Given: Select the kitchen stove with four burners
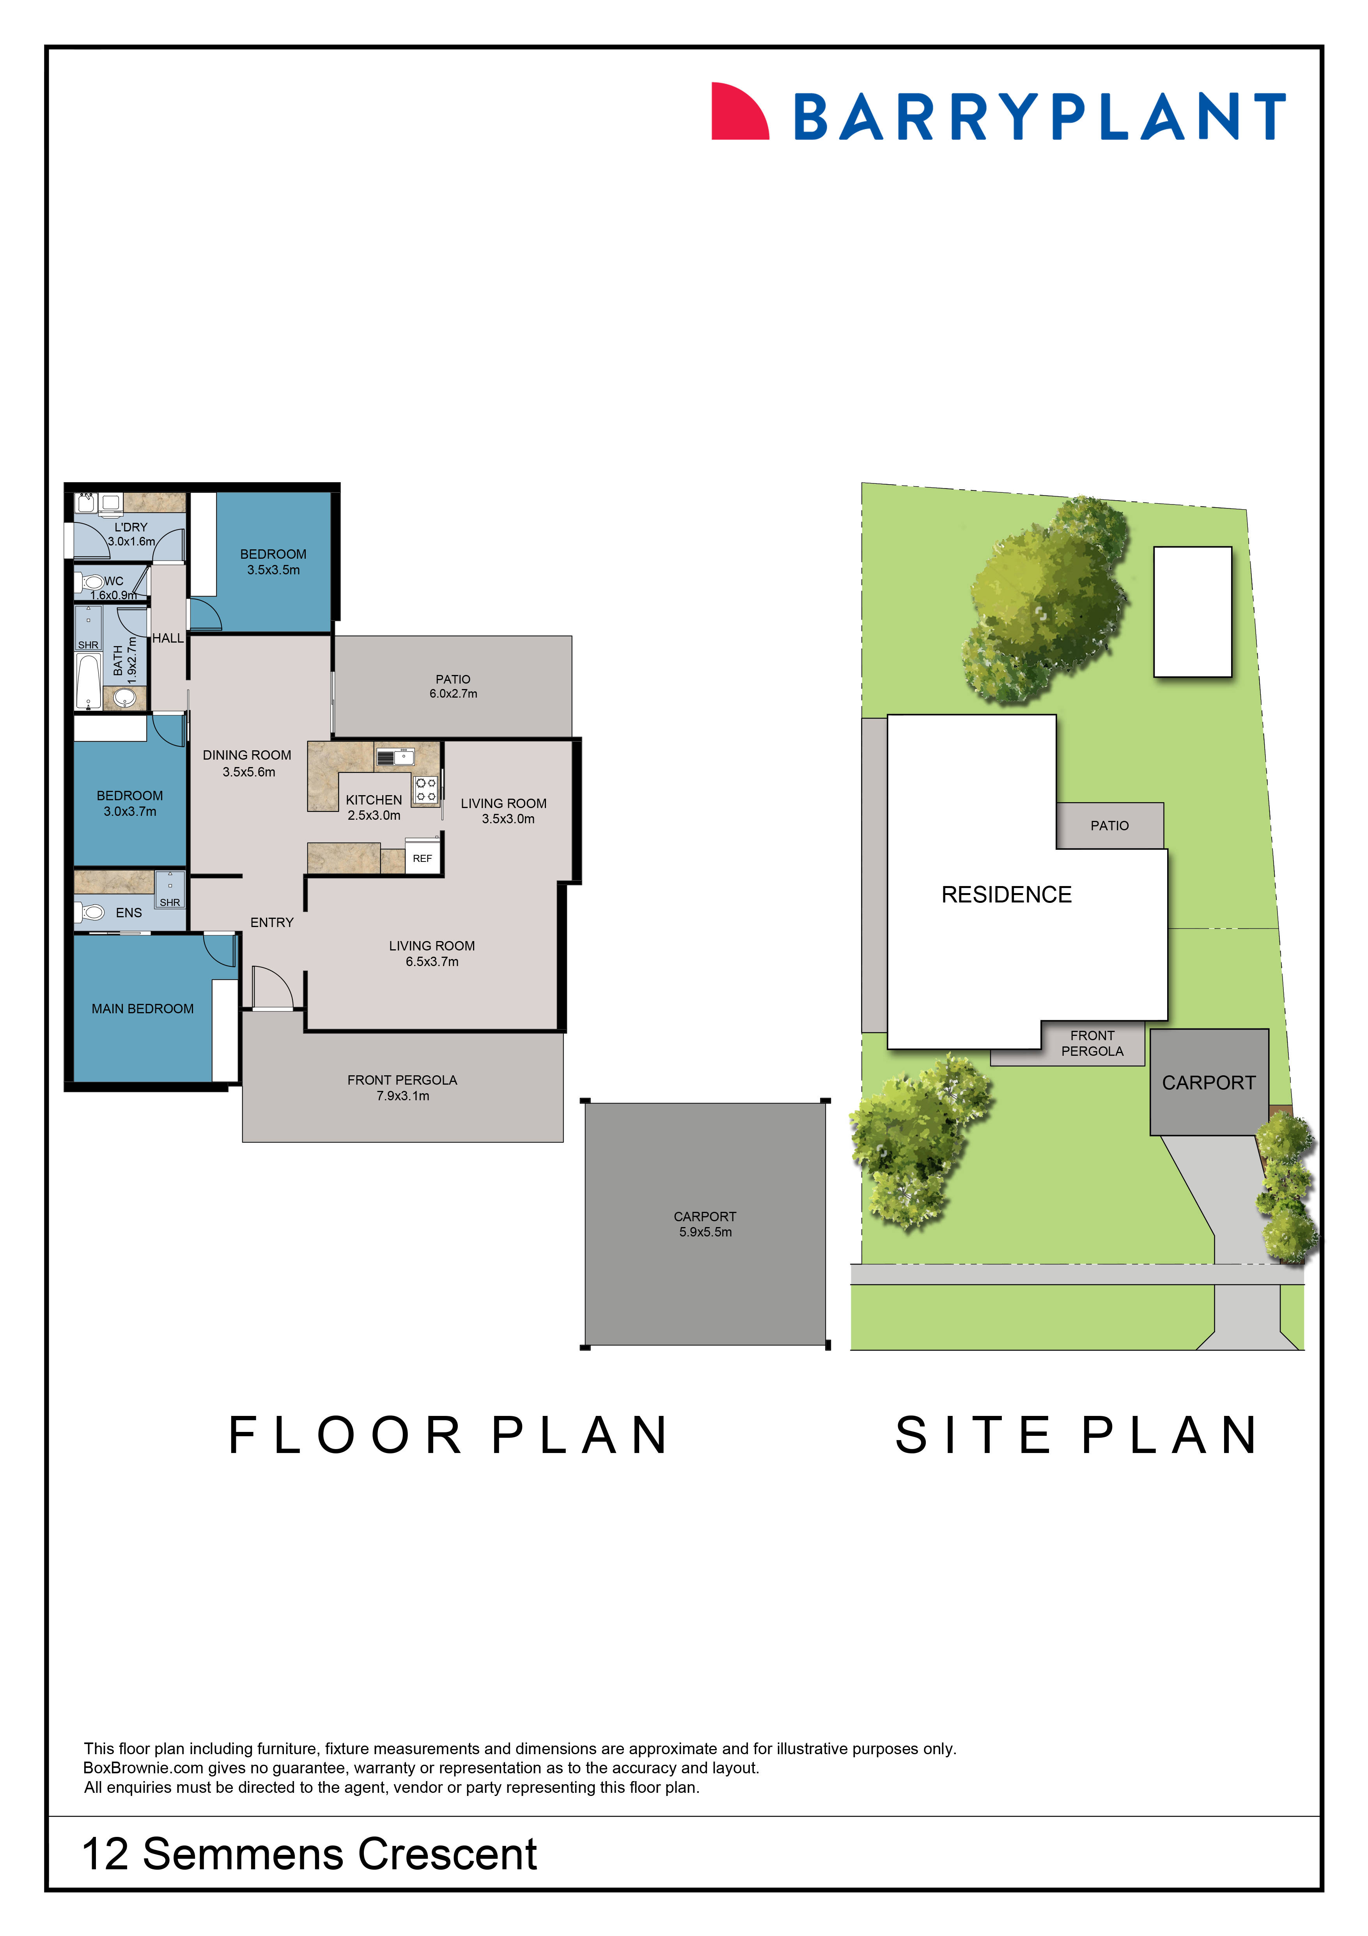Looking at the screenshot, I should click(426, 789).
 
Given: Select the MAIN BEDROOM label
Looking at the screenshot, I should click(142, 1009).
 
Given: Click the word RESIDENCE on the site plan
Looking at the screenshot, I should click(1007, 895).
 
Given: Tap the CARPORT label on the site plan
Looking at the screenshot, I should click(1209, 1083).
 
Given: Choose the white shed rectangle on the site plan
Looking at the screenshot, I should click(1192, 611).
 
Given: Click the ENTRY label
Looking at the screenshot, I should click(271, 922).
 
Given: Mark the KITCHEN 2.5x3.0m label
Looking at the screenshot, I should click(374, 807).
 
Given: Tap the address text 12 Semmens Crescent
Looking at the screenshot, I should click(309, 1854).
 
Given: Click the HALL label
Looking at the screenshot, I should click(168, 638).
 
